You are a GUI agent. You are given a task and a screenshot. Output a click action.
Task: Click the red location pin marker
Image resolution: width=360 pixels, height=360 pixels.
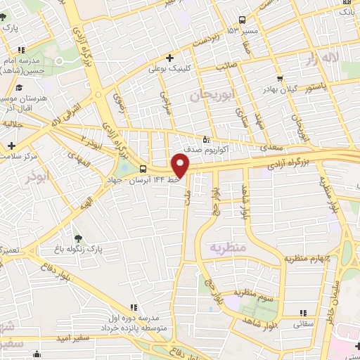[x=181, y=166]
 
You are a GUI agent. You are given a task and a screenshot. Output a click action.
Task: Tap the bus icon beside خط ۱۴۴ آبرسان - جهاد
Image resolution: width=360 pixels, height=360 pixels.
[x=143, y=169]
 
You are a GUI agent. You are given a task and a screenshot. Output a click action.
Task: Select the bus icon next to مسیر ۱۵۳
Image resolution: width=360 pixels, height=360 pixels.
[x=242, y=20]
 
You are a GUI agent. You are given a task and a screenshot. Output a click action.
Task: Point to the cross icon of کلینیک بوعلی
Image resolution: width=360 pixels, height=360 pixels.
[x=169, y=58]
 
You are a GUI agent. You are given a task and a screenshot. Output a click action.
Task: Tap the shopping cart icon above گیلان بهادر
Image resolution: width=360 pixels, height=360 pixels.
[x=280, y=79]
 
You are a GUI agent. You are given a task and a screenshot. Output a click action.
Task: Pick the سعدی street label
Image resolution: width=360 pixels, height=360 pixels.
[x=273, y=148]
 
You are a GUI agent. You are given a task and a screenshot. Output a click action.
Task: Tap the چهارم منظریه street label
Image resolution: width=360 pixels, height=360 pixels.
[x=307, y=258]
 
